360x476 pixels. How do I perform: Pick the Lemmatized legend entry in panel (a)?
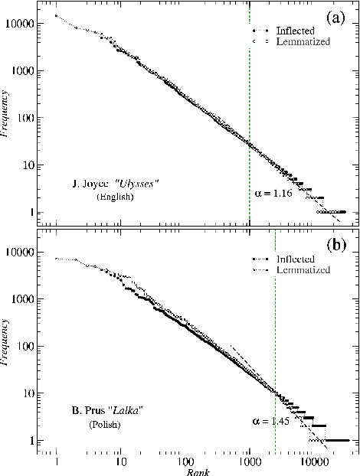pos(298,42)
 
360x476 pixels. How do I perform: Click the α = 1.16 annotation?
pos(271,194)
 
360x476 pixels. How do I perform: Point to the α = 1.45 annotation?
pos(269,421)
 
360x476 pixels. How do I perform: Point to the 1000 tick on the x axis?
pos(248,462)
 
